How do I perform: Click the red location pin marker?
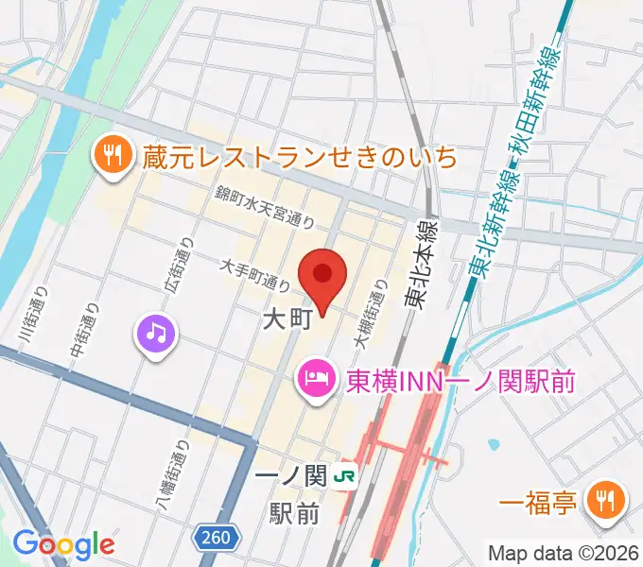click(322, 277)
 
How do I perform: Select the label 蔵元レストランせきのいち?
click(300, 156)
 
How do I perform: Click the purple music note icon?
click(156, 332)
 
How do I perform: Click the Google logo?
click(63, 544)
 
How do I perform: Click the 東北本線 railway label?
click(416, 265)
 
